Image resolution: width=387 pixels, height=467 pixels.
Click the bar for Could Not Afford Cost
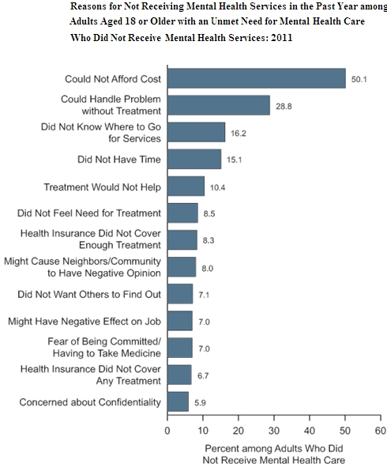pyautogui.click(x=256, y=78)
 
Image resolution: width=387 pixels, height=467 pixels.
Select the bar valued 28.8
pyautogui.click(x=218, y=106)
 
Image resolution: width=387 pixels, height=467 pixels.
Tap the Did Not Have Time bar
pyautogui.click(x=193, y=160)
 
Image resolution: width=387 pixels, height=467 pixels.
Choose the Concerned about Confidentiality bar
pyautogui.click(x=178, y=401)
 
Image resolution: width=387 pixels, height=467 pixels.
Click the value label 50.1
pyautogui.click(x=360, y=79)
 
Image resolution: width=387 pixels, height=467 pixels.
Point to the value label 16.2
pyautogui.click(x=239, y=133)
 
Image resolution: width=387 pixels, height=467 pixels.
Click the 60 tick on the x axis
pyautogui.click(x=379, y=431)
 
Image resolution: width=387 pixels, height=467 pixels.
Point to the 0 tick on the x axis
pyautogui.click(x=167, y=431)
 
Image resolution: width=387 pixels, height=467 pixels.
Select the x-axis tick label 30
pyautogui.click(x=273, y=431)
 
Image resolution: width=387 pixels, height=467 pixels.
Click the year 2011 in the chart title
pyautogui.click(x=280, y=38)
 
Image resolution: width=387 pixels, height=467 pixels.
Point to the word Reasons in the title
pyautogui.click(x=87, y=6)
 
